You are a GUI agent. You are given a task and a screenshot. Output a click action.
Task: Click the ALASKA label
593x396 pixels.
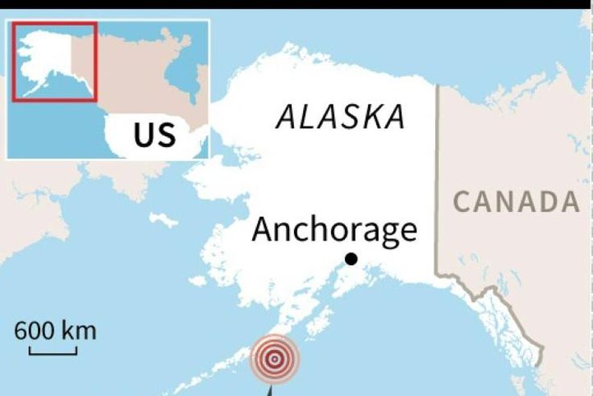340,118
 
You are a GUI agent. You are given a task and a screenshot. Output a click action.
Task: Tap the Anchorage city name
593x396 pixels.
334,230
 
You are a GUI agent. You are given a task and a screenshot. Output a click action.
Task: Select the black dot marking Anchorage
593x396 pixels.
350,259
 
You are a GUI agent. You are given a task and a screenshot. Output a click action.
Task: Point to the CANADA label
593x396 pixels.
516,202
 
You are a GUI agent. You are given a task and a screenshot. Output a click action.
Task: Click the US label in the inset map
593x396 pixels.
155,134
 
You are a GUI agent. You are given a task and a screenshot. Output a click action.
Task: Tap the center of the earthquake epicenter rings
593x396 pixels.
274,359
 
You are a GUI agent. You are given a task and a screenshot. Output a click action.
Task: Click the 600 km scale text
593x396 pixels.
54,331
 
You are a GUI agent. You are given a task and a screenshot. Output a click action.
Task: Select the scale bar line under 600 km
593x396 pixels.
53,352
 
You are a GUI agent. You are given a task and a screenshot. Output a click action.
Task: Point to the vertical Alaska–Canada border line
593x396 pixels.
437,177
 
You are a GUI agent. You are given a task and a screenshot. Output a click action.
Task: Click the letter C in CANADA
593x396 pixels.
462,202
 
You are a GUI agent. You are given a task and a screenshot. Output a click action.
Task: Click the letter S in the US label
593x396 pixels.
166,135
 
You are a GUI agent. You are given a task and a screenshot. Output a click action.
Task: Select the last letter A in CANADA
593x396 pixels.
570,202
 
